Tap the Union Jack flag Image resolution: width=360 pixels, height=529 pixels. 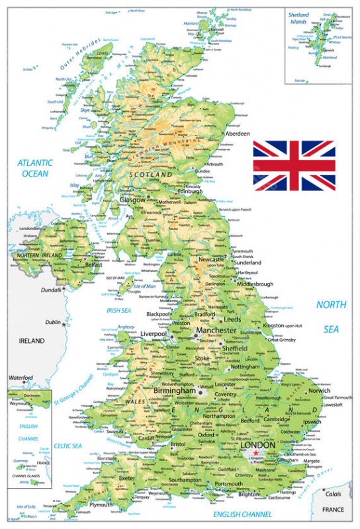click(294, 165)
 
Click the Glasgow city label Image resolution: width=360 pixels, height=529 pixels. click(132, 199)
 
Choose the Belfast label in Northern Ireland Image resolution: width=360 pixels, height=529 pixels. click(93, 264)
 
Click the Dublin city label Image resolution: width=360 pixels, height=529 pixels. click(53, 322)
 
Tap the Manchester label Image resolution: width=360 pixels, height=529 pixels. click(215, 329)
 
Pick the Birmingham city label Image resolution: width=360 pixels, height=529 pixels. click(175, 391)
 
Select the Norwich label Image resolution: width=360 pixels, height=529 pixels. click(319, 390)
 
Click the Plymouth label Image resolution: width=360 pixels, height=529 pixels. click(101, 504)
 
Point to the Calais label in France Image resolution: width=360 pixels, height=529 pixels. click(333, 493)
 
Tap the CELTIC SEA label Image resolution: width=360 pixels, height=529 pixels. click(67, 446)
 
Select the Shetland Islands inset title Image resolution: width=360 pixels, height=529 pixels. click(298, 18)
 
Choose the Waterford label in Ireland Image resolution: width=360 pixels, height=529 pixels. click(21, 378)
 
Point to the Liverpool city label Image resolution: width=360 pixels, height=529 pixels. click(154, 335)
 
